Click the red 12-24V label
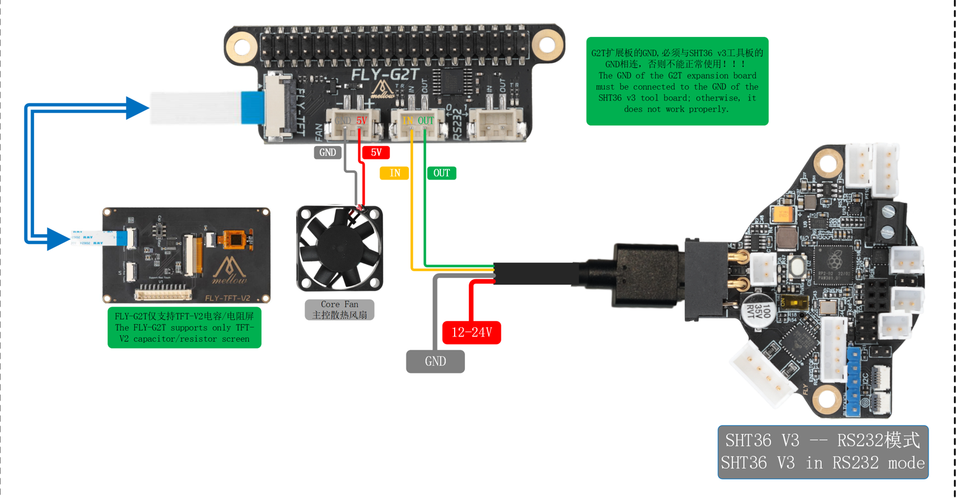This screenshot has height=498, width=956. tap(472, 333)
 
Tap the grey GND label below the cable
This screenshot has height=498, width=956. tap(435, 362)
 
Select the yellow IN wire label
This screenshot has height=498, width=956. tap(394, 173)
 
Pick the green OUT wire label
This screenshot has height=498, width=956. tap(442, 173)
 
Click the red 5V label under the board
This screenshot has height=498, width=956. tap(376, 152)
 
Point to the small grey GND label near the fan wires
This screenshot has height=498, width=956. tap(328, 152)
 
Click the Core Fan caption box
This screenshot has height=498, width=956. tap(340, 310)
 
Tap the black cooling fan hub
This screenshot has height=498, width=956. tap(339, 248)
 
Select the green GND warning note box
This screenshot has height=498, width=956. tap(677, 81)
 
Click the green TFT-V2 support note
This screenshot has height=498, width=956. tap(184, 327)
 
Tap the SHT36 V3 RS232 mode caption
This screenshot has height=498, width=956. tap(823, 452)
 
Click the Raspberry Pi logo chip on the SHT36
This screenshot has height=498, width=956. tap(834, 261)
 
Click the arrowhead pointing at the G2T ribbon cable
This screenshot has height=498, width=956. tap(137, 108)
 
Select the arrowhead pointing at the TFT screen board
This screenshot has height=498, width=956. tap(58, 239)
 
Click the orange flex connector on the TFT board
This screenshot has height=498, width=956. tap(234, 239)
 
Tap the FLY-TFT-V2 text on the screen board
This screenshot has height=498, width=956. tap(228, 298)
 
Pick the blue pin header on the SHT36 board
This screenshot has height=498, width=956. tap(854, 378)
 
